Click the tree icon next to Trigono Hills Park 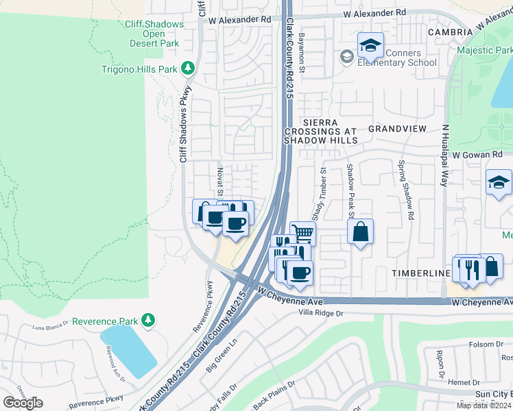187,68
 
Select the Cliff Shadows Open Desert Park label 154,34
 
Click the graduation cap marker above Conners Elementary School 370,47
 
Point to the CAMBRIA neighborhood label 450,32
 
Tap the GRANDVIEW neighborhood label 397,129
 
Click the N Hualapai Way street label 444,155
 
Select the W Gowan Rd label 478,157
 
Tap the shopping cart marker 302,233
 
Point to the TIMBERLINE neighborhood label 420,273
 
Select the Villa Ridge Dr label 320,312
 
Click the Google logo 23,403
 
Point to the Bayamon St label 300,47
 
